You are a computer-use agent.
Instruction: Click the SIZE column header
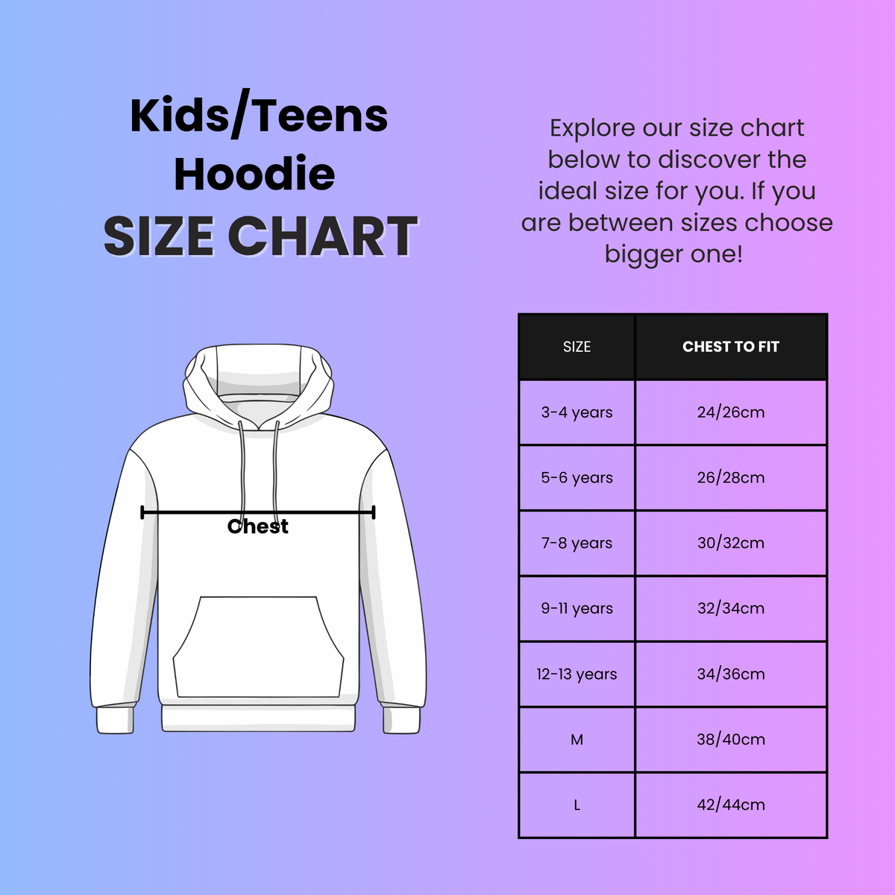577,347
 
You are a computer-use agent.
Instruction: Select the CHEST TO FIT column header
730,347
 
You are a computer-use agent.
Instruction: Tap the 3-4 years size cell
577,412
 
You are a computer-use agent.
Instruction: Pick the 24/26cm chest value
730,412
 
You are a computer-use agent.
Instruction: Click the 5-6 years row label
577,478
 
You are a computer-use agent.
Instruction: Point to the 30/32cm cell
730,543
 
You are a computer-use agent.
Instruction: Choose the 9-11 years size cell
577,609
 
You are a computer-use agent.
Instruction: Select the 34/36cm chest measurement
730,674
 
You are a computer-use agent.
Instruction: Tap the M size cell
577,740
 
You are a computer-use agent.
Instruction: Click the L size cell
577,805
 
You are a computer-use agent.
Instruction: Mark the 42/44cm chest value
730,805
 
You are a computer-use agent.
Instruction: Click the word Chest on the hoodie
257,527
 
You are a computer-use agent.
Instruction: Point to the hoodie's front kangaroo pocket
258,646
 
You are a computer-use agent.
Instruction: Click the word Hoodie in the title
254,175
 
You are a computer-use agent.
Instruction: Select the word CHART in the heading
322,236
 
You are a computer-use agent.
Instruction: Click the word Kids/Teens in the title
259,116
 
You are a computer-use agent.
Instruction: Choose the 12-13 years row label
577,674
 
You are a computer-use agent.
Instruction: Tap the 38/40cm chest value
730,740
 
